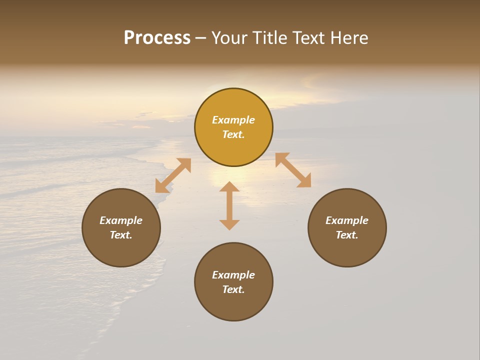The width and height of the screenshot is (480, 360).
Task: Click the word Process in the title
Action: (x=157, y=38)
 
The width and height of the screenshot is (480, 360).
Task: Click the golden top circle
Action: (x=233, y=100)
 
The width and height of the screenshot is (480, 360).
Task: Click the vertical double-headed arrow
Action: (x=229, y=205)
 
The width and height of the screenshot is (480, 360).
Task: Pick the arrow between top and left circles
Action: (x=173, y=175)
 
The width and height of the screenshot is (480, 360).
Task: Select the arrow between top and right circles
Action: (x=293, y=170)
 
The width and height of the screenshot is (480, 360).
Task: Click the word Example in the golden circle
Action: (x=233, y=120)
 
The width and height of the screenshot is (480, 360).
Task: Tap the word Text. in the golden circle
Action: (x=233, y=134)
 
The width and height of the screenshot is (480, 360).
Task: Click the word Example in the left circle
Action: (x=121, y=220)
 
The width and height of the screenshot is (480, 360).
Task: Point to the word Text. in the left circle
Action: (x=121, y=235)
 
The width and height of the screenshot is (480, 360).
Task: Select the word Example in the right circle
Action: (x=347, y=220)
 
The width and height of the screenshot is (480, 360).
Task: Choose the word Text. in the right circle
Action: (x=347, y=235)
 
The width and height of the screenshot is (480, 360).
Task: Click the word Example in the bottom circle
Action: (x=233, y=275)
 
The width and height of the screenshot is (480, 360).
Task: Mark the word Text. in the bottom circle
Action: (x=233, y=289)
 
